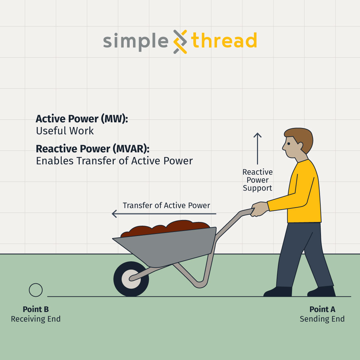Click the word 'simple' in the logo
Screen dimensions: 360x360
pyautogui.click(x=136, y=41)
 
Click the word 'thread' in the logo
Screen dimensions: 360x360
pyautogui.click(x=224, y=40)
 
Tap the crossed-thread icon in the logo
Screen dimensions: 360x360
pyautogui.click(x=180, y=42)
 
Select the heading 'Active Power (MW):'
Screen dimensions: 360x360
pyautogui.click(x=82, y=119)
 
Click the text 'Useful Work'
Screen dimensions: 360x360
pyautogui.click(x=65, y=131)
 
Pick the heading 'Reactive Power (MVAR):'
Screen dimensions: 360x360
pyautogui.click(x=93, y=149)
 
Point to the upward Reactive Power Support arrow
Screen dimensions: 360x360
pyautogui.click(x=257, y=149)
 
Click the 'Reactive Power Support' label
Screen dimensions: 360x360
pyautogui.click(x=257, y=180)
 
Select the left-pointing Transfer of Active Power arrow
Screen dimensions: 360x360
pyautogui.click(x=164, y=214)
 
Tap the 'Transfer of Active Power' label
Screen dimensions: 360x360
pyautogui.click(x=166, y=205)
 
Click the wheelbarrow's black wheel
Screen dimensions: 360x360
pyautogui.click(x=131, y=279)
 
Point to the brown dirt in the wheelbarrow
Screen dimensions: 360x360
pyautogui.click(x=165, y=228)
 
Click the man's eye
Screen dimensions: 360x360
pyautogui.click(x=289, y=144)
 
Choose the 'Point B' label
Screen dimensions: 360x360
pyautogui.click(x=36, y=309)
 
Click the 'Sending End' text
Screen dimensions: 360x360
pyautogui.click(x=322, y=319)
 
